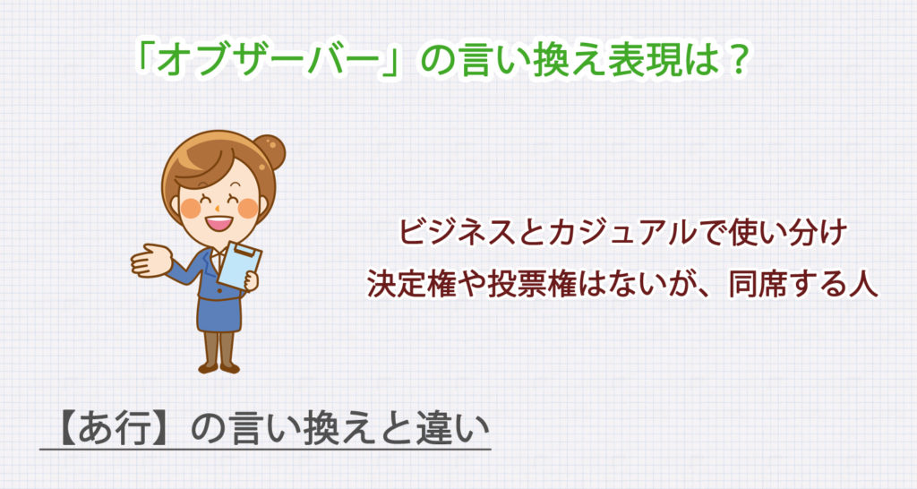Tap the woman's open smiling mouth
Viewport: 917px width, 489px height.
[x=218, y=219]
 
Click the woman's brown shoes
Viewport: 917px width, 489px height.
[x=219, y=366]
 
